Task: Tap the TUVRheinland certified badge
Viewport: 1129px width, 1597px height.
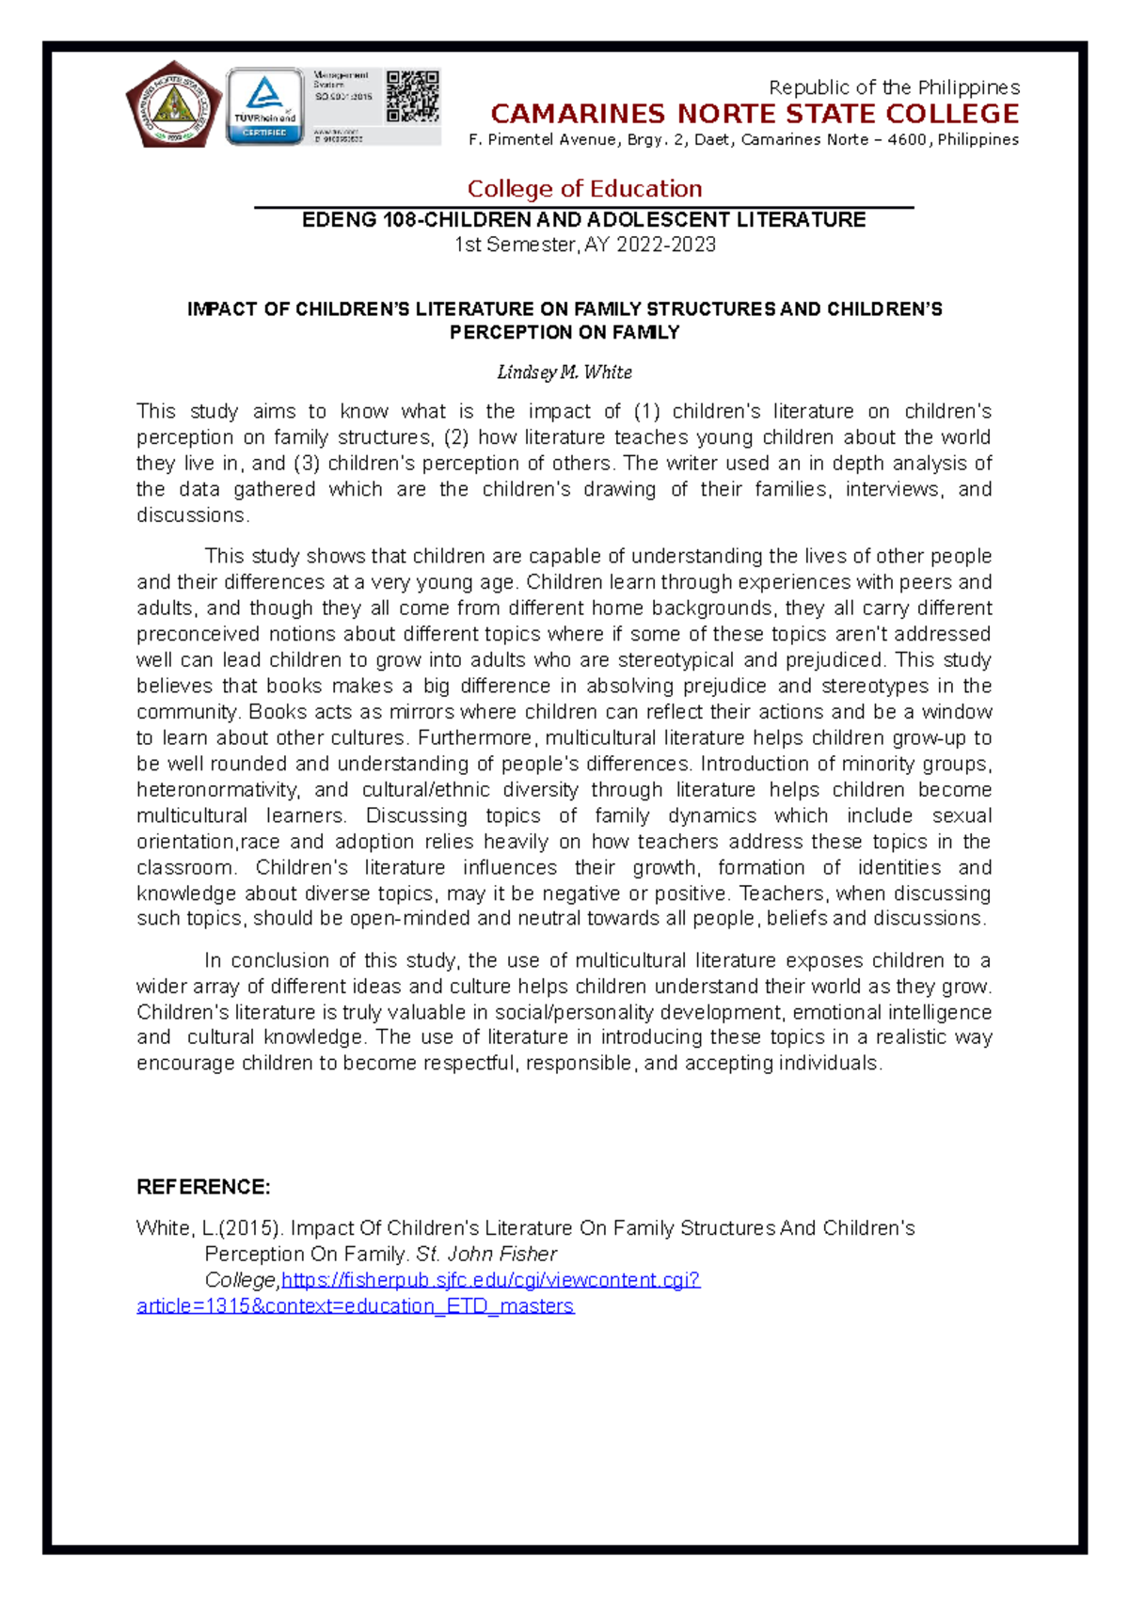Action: pos(264,106)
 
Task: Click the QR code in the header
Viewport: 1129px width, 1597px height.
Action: pos(412,96)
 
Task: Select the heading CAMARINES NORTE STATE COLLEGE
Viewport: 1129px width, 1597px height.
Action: pos(755,115)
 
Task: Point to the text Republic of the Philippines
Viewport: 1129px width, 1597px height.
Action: pos(894,87)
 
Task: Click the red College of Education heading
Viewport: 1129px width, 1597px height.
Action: pos(584,189)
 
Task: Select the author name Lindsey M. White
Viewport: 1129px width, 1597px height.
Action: pos(564,372)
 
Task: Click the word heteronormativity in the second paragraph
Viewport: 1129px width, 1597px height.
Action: pos(217,790)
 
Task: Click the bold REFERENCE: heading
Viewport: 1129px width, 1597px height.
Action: pos(203,1187)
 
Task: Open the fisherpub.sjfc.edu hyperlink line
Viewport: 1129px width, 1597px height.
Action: pos(490,1280)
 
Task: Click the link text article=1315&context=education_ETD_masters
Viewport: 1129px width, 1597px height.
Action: pos(355,1306)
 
